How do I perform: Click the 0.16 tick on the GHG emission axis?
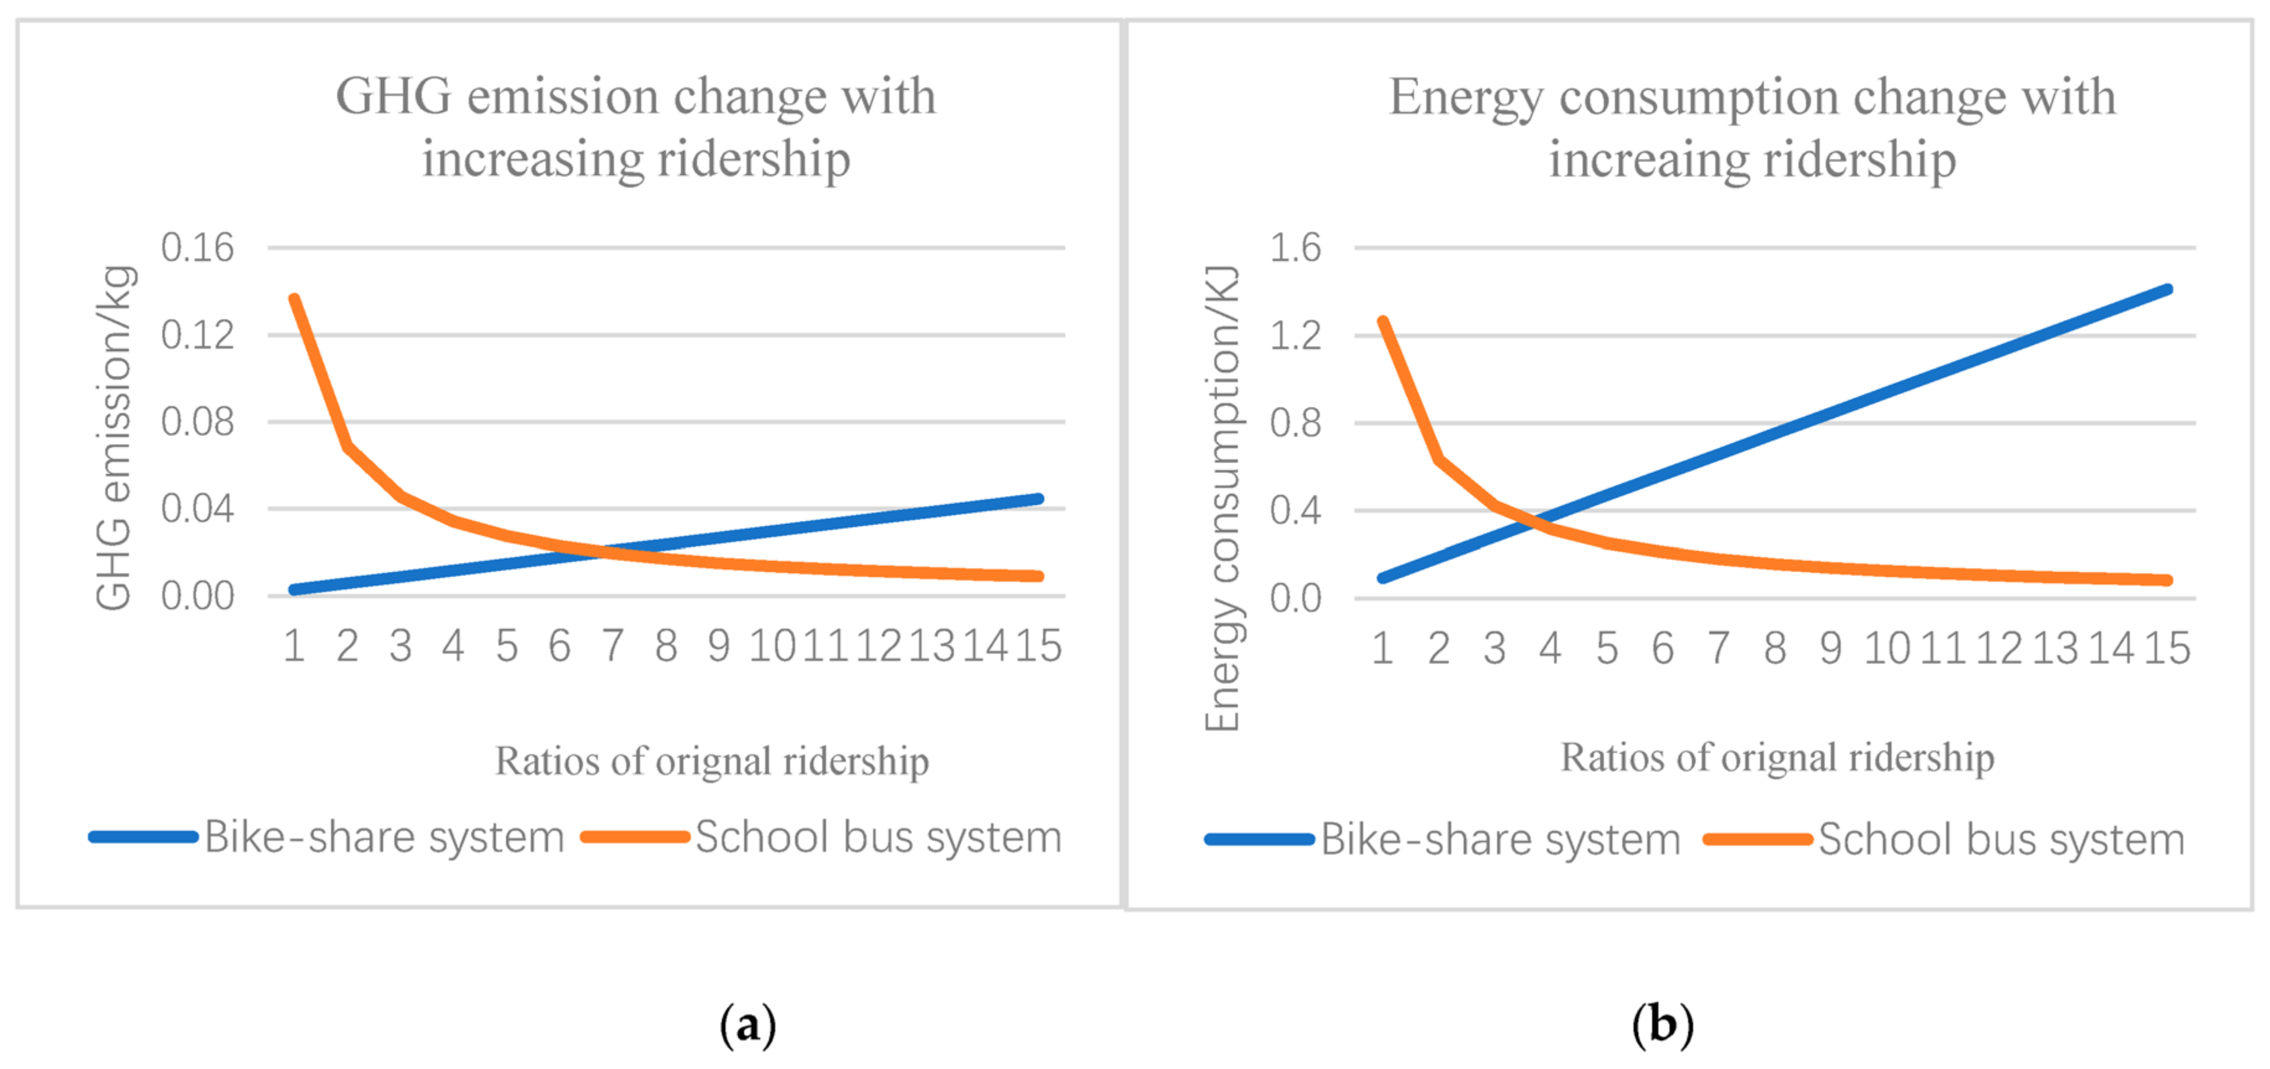point(197,247)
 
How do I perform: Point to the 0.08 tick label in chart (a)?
point(197,422)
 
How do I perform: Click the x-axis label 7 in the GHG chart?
point(612,646)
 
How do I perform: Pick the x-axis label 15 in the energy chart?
point(2167,649)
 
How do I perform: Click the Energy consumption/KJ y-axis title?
point(1222,498)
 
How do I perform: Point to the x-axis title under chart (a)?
point(711,761)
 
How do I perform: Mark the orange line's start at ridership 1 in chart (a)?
point(295,299)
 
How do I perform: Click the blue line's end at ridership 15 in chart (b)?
point(2167,290)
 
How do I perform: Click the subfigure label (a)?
point(747,1025)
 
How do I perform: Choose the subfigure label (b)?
point(1662,1025)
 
